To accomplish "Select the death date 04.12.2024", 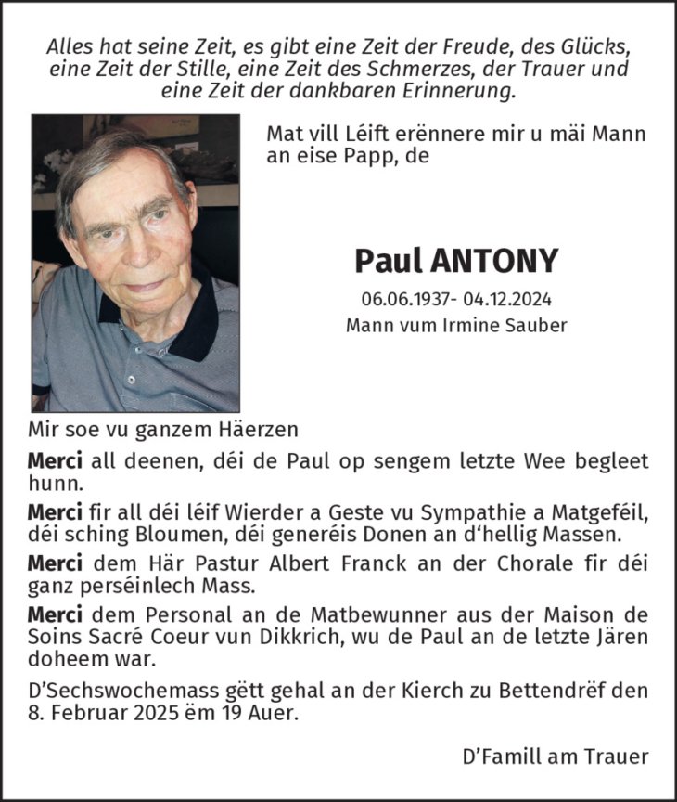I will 505,301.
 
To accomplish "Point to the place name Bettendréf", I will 564,691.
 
